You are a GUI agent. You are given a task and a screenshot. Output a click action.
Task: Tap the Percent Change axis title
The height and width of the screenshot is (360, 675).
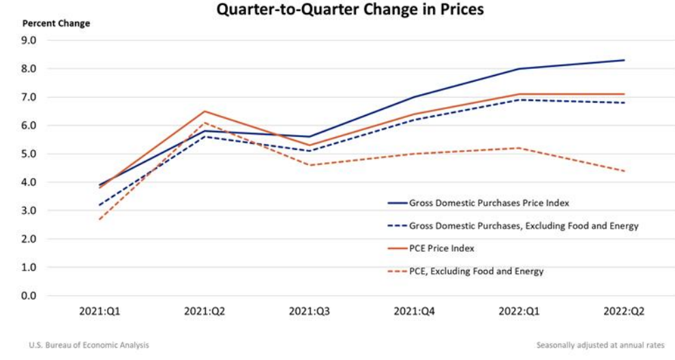point(56,23)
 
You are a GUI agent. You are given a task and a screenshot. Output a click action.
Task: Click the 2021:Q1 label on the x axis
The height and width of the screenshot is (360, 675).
point(100,311)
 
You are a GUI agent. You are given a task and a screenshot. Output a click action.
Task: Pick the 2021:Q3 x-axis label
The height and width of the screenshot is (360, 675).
point(310,311)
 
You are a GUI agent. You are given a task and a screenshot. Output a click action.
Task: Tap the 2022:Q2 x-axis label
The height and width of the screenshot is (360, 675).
point(623,311)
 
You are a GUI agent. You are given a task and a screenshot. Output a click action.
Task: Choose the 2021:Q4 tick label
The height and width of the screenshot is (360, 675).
point(415,311)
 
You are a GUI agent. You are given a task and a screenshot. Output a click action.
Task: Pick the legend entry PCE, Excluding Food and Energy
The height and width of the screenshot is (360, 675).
point(477,271)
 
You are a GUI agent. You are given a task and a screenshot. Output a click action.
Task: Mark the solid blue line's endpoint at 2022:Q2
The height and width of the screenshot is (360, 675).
point(624,60)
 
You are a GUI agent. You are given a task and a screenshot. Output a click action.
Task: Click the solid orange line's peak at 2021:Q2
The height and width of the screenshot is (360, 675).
point(205,111)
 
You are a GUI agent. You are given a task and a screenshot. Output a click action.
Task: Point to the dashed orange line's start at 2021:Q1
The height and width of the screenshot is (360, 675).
point(100,219)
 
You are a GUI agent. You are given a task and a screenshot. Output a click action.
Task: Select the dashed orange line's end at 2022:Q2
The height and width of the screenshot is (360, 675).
point(624,171)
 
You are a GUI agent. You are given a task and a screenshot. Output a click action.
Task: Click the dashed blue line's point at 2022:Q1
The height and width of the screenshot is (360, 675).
point(520,100)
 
